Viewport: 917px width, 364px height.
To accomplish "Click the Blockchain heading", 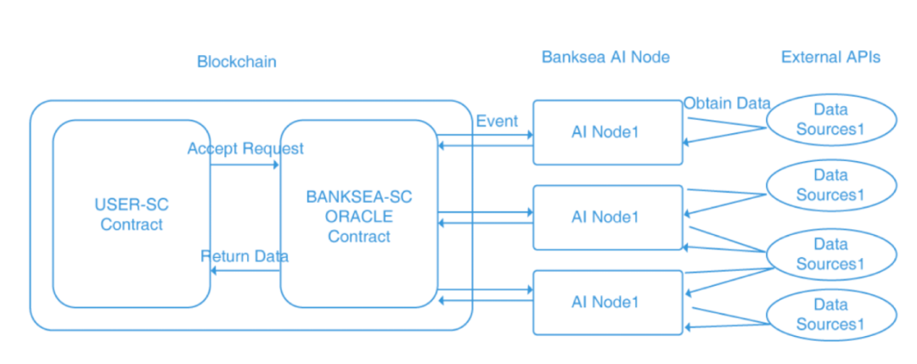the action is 237,61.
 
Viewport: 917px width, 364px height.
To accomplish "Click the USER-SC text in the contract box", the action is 132,205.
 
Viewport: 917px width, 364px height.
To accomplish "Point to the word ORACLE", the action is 359,216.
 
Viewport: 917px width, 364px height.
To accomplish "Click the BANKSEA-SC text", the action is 359,197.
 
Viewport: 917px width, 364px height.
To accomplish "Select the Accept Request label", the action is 245,149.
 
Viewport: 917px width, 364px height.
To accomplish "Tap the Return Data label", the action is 245,256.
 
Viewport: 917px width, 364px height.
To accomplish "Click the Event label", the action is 497,121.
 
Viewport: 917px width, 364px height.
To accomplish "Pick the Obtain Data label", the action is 727,104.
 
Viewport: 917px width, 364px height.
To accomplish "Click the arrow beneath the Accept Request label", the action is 245,165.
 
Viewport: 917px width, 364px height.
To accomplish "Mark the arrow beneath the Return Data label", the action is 245,271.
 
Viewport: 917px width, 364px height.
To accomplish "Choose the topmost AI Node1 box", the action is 608,132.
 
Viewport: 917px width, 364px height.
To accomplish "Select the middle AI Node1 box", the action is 608,217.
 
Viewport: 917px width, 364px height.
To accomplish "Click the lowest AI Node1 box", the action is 608,302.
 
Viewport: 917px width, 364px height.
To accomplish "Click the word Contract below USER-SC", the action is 132,225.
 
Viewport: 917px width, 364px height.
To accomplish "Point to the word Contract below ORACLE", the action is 359,237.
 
